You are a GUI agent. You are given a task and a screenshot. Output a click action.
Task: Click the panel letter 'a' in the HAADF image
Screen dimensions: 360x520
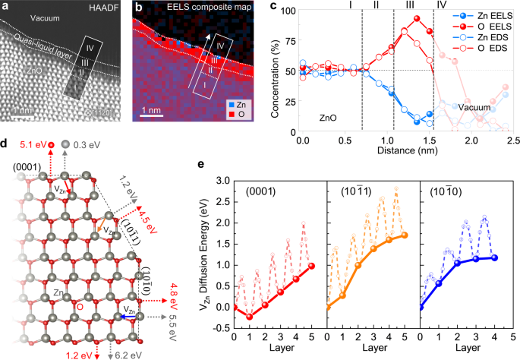(x=7, y=8)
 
